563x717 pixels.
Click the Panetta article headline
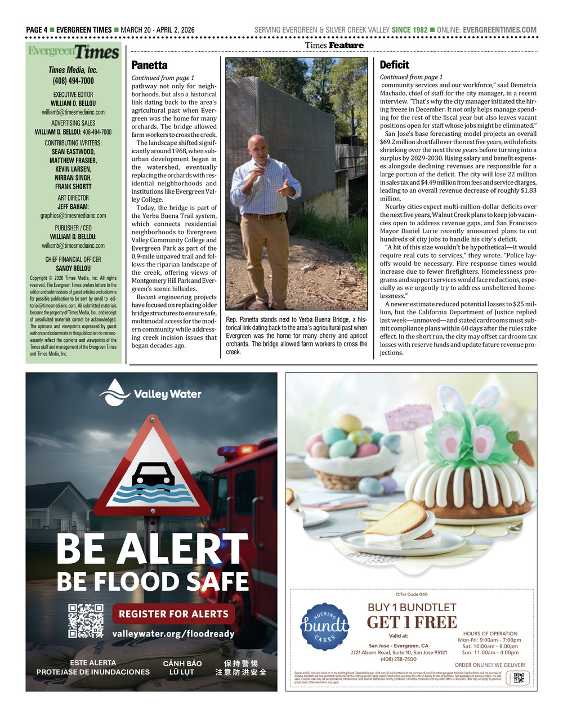click(149, 65)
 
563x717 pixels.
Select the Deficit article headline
click(394, 65)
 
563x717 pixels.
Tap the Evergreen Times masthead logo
click(74, 52)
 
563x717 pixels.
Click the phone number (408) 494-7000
click(73, 81)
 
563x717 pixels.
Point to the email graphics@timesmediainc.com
click(73, 216)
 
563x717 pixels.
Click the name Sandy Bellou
click(73, 269)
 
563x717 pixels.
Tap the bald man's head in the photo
click(257, 146)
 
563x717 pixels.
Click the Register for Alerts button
click(173, 614)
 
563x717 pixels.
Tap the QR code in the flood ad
click(86, 620)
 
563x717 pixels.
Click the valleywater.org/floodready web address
click(173, 634)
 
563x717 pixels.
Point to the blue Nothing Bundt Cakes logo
click(324, 626)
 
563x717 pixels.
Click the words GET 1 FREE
click(412, 622)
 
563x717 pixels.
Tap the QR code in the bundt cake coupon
click(519, 678)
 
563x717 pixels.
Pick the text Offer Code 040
click(412, 594)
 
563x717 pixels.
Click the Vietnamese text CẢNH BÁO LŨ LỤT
click(182, 667)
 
